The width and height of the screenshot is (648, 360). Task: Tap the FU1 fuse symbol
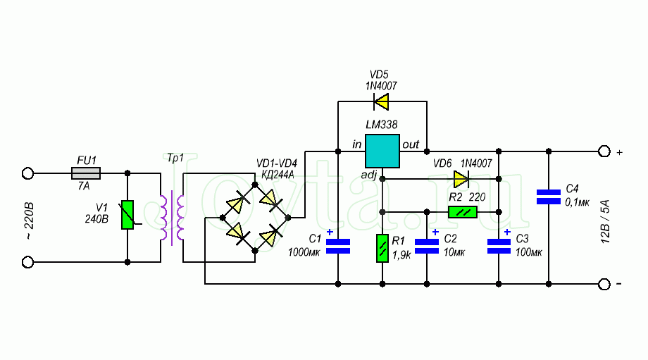(x=87, y=173)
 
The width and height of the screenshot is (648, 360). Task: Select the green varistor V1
(x=127, y=216)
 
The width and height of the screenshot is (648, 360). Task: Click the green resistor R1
(x=382, y=247)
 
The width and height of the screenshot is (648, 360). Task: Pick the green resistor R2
(x=462, y=211)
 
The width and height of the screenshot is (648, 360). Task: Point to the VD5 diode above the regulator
(x=381, y=104)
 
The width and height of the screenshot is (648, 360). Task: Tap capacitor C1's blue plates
(x=338, y=245)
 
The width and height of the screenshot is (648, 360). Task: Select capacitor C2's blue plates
(x=427, y=245)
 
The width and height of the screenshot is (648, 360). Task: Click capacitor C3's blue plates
(x=499, y=245)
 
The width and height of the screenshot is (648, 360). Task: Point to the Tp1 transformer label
(x=175, y=156)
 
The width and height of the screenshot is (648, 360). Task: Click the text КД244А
(x=277, y=175)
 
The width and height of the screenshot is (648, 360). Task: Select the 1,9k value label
(x=402, y=256)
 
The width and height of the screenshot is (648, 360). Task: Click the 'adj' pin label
(x=370, y=174)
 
